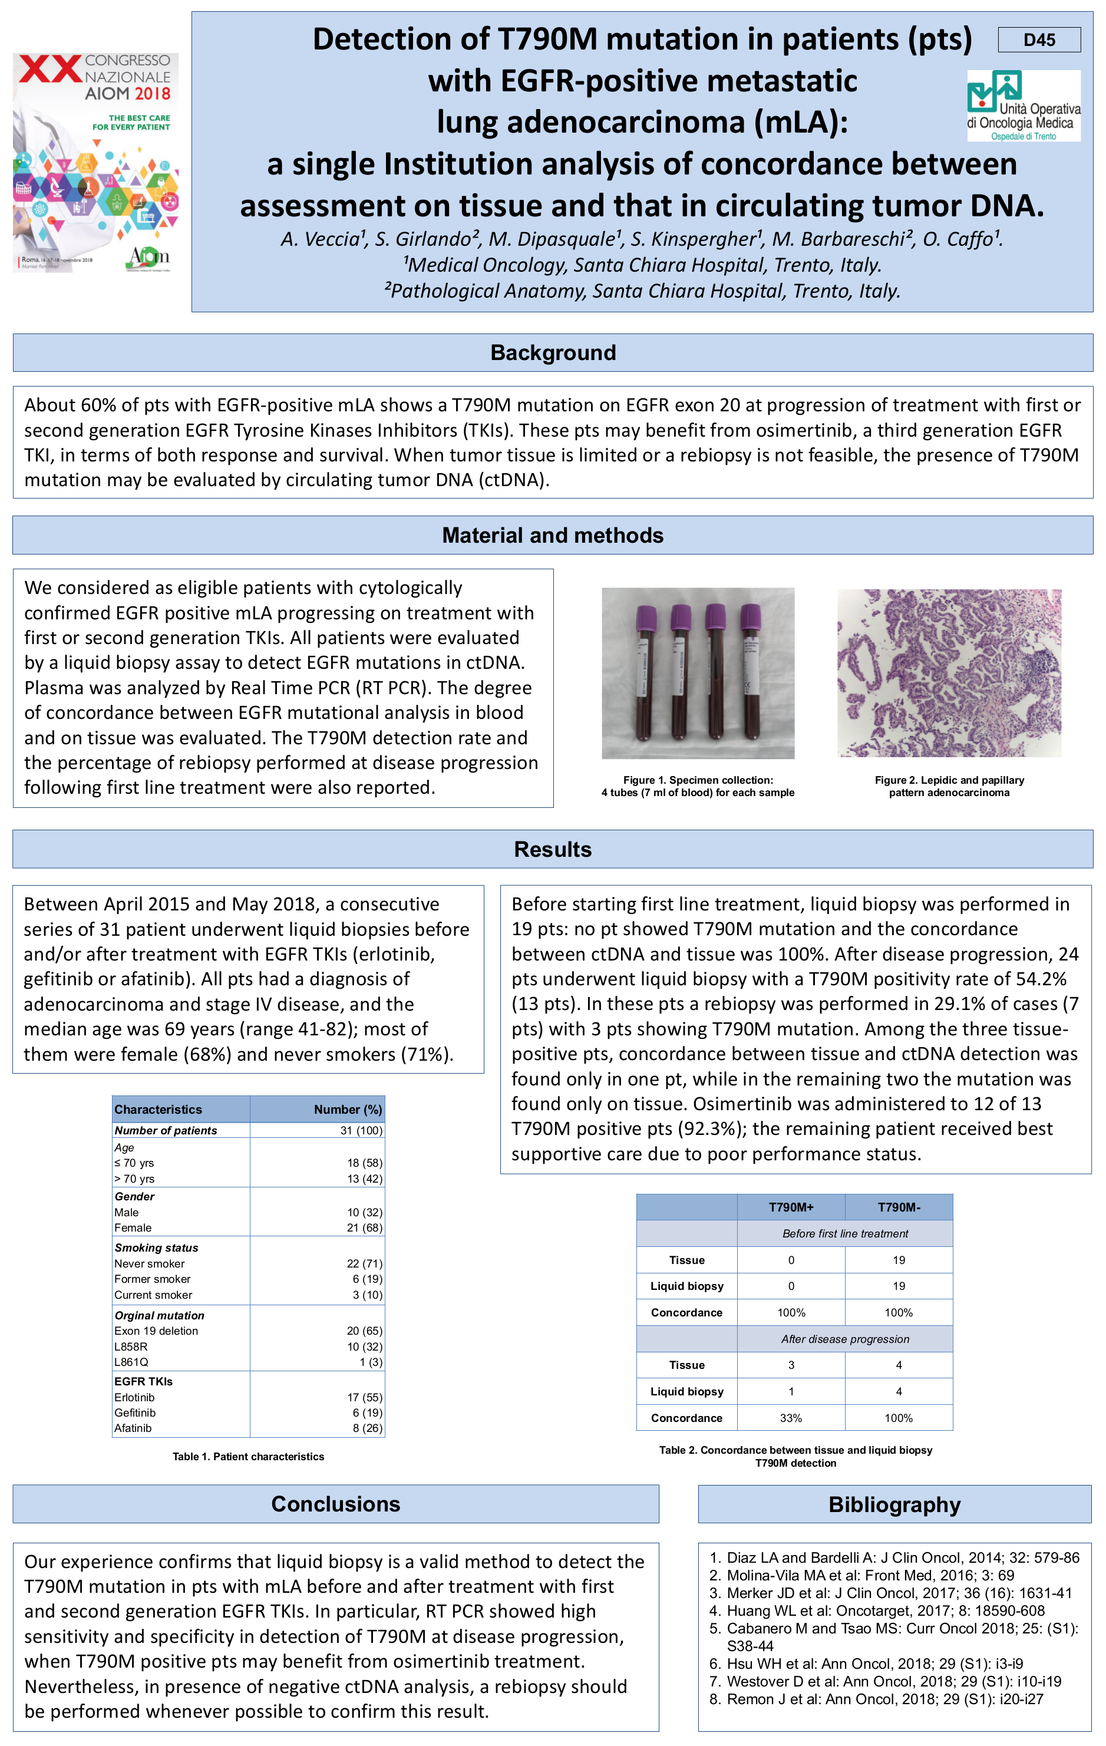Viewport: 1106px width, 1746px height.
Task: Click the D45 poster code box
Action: click(1039, 40)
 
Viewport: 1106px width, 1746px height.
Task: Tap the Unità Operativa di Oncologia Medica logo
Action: click(1022, 105)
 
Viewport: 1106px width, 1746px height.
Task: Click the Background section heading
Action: click(553, 352)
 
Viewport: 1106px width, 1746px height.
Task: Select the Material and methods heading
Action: click(553, 535)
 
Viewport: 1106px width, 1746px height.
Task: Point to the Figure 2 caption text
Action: click(949, 786)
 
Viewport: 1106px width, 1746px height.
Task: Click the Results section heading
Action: click(553, 849)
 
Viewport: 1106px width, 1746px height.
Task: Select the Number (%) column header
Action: click(348, 1110)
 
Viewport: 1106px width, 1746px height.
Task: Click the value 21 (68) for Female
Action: click(364, 1227)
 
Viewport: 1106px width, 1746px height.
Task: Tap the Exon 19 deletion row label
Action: click(156, 1331)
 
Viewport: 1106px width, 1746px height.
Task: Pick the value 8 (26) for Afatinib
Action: click(368, 1428)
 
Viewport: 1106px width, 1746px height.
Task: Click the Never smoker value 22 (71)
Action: click(364, 1263)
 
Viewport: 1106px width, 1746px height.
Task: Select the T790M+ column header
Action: click(791, 1207)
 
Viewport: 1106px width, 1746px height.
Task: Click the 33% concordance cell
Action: click(791, 1418)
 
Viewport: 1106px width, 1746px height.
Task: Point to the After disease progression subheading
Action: click(845, 1338)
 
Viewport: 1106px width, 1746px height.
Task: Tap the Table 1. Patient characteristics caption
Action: click(248, 1457)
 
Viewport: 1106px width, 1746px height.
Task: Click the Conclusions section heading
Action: click(335, 1504)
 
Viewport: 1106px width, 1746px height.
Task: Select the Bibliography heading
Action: click(894, 1504)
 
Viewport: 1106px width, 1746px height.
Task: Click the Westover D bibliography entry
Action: click(893, 1681)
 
